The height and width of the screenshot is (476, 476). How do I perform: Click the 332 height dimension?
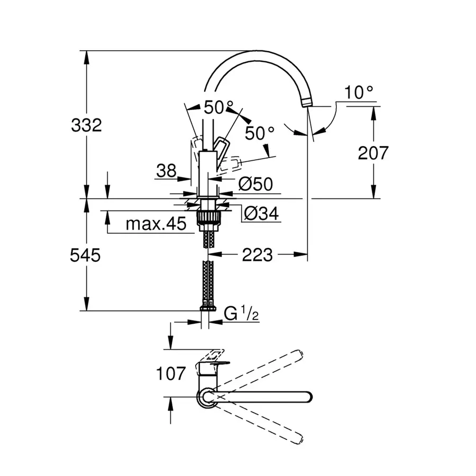point(86,126)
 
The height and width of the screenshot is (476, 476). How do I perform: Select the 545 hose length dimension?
point(86,255)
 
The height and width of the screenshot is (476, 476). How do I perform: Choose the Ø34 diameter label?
point(261,214)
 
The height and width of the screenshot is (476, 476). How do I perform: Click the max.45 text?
point(155,224)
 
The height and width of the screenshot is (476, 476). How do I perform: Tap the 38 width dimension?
point(166,170)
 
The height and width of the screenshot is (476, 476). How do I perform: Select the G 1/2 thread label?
point(241,314)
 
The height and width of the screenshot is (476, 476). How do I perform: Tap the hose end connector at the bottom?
point(207,307)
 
